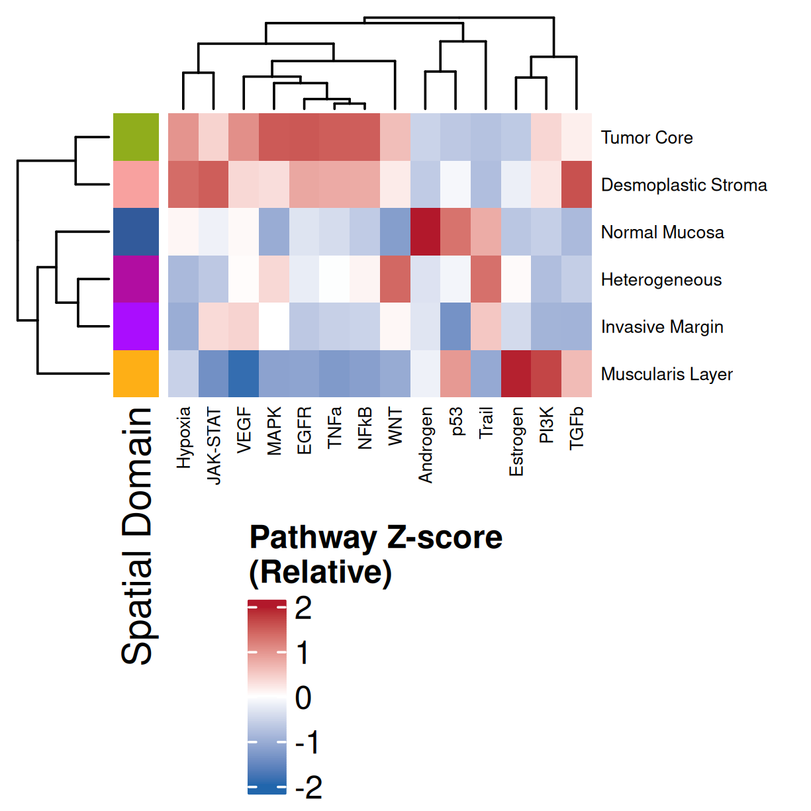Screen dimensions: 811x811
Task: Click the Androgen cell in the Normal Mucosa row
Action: tap(426, 232)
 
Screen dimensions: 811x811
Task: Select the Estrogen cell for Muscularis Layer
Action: tap(516, 374)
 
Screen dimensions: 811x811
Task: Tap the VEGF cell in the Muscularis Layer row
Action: tap(244, 374)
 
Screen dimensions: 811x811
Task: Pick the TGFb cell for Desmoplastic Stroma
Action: tap(577, 185)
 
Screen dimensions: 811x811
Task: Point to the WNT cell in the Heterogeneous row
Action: tap(395, 279)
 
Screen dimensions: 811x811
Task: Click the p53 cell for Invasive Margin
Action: tap(455, 326)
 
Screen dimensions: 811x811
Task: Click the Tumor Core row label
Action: tap(647, 138)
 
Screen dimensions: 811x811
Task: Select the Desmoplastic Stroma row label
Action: tap(684, 185)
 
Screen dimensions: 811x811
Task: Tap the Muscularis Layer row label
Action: tap(667, 374)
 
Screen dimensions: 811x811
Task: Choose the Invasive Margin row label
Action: tap(662, 327)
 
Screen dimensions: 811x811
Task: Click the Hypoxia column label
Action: tap(184, 438)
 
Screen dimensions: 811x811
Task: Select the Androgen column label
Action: tap(426, 445)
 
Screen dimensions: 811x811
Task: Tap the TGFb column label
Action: tap(577, 428)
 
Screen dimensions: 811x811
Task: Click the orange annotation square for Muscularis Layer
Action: tap(136, 374)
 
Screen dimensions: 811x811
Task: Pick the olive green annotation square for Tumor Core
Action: tap(136, 138)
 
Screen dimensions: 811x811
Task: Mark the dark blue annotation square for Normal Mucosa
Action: tap(136, 232)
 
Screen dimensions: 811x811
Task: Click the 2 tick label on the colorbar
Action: tap(303, 608)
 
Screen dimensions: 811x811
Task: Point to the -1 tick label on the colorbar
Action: tap(307, 742)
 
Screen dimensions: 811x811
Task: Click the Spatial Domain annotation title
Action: tap(137, 536)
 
